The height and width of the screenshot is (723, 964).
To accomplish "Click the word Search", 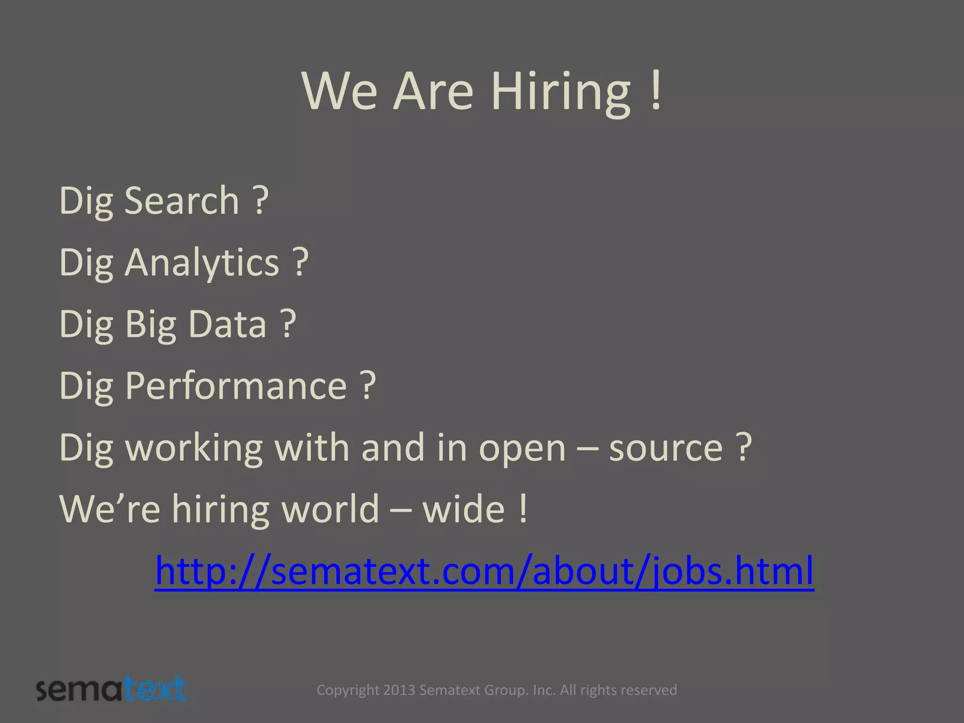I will pos(182,201).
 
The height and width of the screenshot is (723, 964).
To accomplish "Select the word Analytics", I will pos(202,263).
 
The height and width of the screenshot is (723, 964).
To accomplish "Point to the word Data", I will pos(227,324).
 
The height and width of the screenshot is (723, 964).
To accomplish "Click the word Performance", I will pos(236,386).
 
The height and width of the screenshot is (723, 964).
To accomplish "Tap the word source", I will pos(666,448).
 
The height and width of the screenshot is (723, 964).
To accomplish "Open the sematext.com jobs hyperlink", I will pos(484,571).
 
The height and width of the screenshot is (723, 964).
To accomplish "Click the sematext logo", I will pos(112,690).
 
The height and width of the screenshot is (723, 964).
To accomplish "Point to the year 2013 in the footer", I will pos(399,690).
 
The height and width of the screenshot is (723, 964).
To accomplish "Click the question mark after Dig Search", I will pos(261,201).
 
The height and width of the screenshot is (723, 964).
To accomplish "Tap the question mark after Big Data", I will pos(289,324).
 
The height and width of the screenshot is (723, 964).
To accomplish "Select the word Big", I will pos(151,324).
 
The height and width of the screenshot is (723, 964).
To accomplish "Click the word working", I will pos(193,448).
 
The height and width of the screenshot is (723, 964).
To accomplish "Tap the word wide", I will pos(464,509).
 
